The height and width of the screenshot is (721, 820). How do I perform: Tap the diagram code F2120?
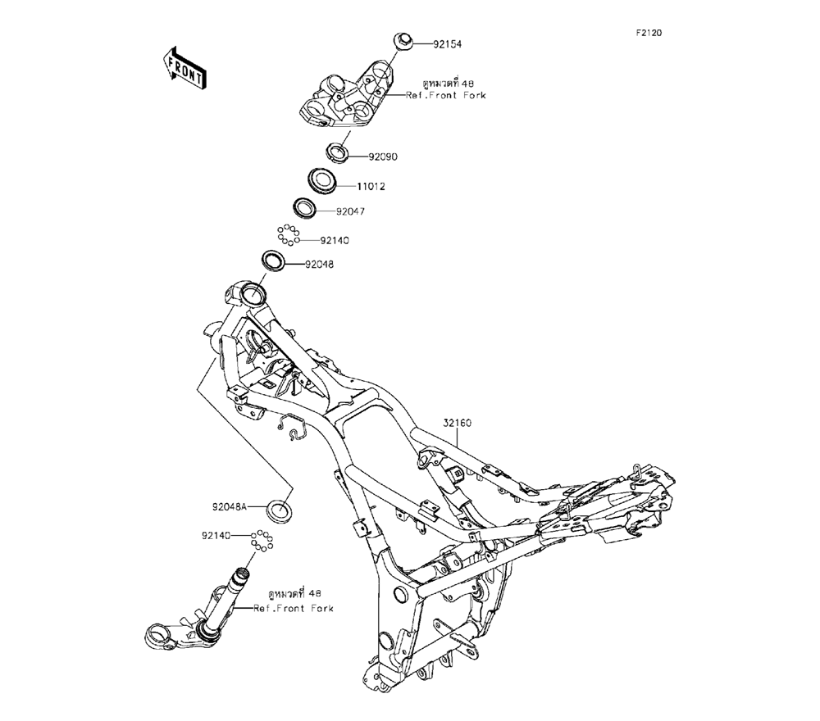649,34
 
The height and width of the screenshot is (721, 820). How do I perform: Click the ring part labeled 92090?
337,150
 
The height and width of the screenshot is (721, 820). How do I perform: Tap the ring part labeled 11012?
324,179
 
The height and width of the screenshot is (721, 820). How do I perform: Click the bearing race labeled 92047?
304,207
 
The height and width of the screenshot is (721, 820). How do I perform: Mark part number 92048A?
231,506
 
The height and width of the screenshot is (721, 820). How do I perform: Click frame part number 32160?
458,424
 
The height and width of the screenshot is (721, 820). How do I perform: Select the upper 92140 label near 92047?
335,241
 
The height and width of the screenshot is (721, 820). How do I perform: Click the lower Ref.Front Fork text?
293,608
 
